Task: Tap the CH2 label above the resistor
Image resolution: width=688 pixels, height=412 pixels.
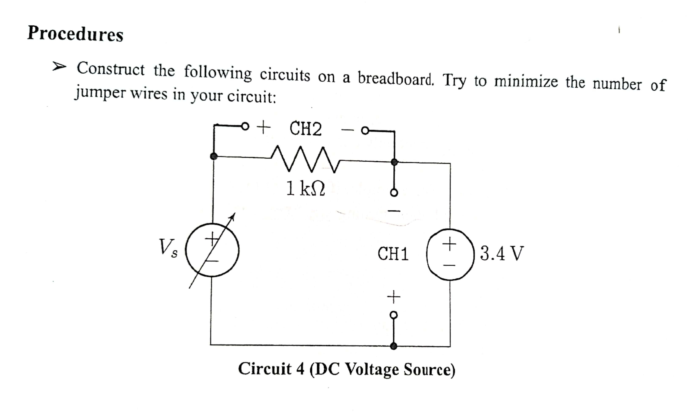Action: tap(305, 129)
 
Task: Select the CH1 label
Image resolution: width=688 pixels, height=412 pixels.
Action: tap(393, 254)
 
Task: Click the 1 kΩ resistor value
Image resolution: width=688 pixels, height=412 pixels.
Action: tap(305, 188)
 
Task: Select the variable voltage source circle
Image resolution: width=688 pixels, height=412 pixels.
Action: tap(212, 250)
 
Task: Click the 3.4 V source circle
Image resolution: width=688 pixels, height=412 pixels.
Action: tap(450, 254)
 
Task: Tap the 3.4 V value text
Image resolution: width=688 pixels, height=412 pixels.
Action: tap(502, 253)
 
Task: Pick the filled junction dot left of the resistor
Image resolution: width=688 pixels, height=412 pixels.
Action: tap(213, 156)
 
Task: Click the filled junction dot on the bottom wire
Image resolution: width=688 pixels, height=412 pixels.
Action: tap(394, 346)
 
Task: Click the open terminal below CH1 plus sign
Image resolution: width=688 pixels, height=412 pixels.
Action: tap(394, 315)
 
